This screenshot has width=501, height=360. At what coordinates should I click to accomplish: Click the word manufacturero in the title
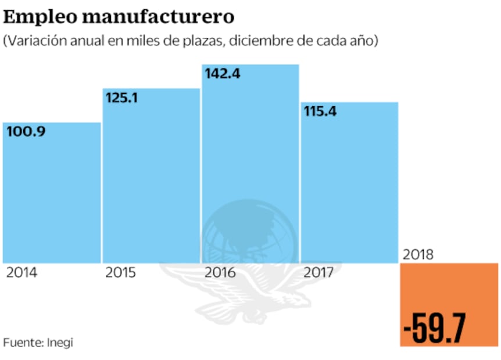pyautogui.click(x=158, y=17)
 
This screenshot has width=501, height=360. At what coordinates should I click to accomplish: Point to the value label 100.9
pyautogui.click(x=26, y=131)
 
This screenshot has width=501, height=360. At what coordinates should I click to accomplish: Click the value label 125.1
pyautogui.click(x=121, y=98)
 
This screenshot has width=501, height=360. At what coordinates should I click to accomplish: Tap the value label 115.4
pyautogui.click(x=320, y=111)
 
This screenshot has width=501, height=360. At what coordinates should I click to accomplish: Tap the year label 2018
pyautogui.click(x=418, y=254)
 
